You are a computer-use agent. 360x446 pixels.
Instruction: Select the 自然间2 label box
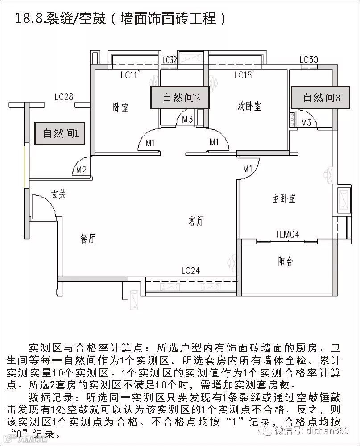tap(180, 97)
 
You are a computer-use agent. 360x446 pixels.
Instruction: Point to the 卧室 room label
tap(121, 107)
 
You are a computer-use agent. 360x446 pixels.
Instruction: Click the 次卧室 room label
tap(249, 106)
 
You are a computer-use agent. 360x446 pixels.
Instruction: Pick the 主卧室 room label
tap(284, 199)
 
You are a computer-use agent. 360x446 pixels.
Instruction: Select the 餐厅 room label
tap(87, 239)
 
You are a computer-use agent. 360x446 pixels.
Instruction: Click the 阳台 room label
tap(286, 261)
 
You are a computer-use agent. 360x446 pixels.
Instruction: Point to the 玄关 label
tap(58, 194)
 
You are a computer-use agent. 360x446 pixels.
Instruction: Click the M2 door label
tap(81, 169)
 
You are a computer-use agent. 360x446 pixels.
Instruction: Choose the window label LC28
tap(64, 96)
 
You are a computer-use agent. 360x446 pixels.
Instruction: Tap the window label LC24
tap(190, 270)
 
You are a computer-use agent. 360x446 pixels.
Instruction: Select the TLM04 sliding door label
tap(287, 235)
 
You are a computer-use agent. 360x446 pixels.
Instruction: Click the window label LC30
tap(308, 60)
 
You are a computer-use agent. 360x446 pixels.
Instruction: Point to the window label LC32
tap(170, 60)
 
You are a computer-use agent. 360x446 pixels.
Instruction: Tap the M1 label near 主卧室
tap(248, 169)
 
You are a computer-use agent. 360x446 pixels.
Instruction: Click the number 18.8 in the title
tap(29, 18)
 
